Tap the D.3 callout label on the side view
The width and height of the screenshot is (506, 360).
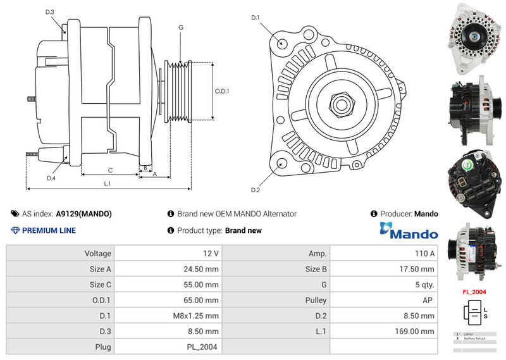[x=50, y=12]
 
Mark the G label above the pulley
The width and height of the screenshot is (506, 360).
[x=181, y=27]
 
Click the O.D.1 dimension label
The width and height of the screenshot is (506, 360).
[x=221, y=91]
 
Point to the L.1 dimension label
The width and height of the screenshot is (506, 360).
[x=108, y=183]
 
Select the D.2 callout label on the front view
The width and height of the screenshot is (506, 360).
[x=256, y=190]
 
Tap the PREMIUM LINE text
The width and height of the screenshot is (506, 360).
[x=49, y=231]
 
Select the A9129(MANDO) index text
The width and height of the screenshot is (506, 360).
[x=84, y=214]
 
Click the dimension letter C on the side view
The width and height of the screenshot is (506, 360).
[x=110, y=170]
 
